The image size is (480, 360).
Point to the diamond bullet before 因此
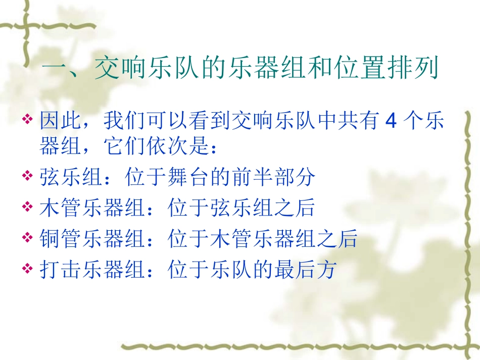(x=28, y=121)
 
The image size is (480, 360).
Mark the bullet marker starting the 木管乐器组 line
(x=28, y=208)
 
